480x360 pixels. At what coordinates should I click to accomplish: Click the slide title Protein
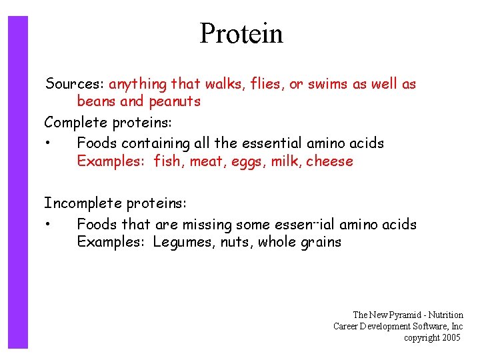[x=241, y=33]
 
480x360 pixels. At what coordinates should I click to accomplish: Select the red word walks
[x=223, y=84]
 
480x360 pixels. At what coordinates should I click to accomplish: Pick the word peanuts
[x=174, y=102]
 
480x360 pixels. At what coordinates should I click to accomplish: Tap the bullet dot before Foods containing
[x=49, y=143]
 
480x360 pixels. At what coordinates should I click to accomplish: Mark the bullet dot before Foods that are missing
[x=49, y=225]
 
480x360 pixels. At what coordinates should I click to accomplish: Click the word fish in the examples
[x=169, y=161]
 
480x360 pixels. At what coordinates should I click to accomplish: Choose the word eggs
[x=249, y=161]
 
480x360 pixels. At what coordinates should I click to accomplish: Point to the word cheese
[x=329, y=161]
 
